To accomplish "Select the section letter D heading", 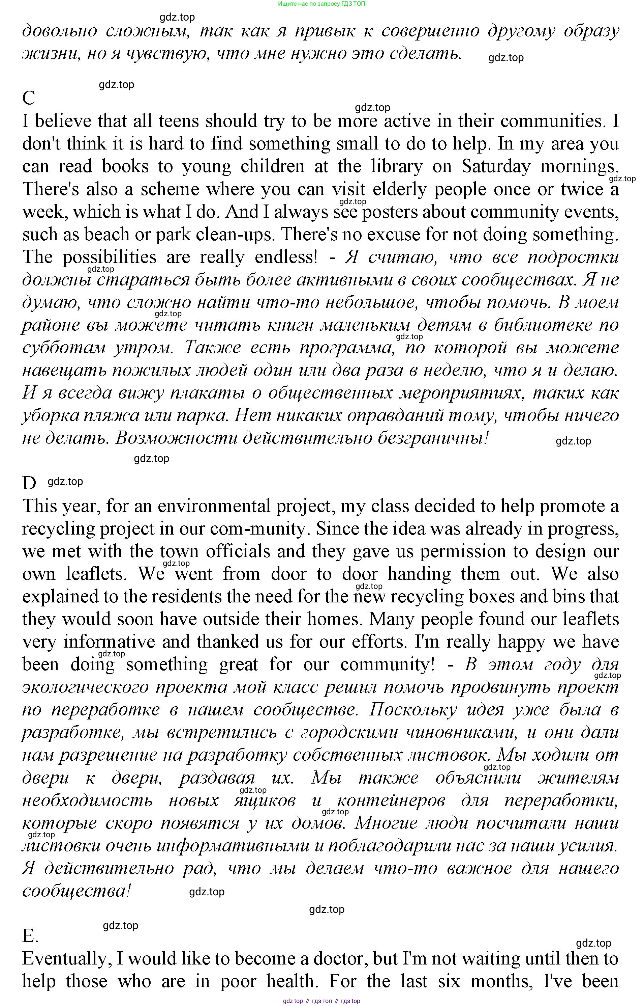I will [29, 484].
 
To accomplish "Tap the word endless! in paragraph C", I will [286, 257].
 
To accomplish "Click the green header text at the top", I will [321, 4].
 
